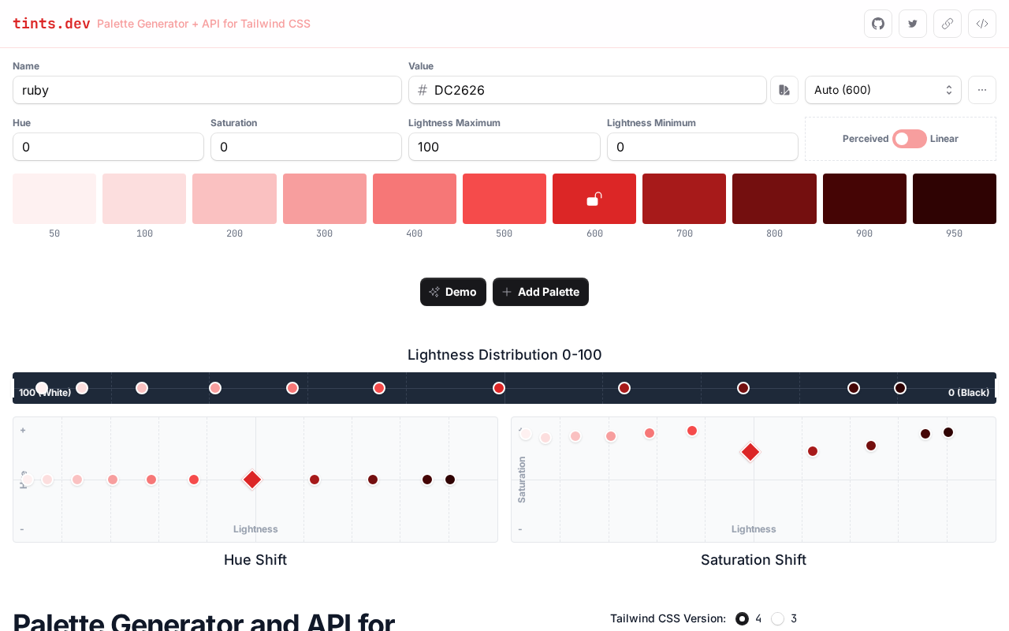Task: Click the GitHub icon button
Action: [x=878, y=24]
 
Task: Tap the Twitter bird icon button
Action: [x=913, y=24]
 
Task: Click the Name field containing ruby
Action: [x=207, y=90]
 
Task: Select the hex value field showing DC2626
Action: [x=587, y=90]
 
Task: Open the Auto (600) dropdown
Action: [x=883, y=90]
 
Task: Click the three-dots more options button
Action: [x=982, y=90]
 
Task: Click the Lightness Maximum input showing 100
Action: [x=504, y=147]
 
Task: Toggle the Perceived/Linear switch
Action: [x=909, y=139]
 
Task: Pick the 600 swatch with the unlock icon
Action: [x=594, y=199]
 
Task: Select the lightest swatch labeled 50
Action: [x=54, y=199]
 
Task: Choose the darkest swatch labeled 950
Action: [x=955, y=199]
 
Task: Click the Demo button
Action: [x=453, y=292]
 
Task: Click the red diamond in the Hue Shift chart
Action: [x=252, y=480]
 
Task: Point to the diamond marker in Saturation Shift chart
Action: [x=750, y=452]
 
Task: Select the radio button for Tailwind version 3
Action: [x=778, y=618]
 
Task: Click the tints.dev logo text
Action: [x=51, y=24]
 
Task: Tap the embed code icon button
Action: [x=982, y=24]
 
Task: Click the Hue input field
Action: [x=108, y=147]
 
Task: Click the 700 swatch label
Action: [x=684, y=233]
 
